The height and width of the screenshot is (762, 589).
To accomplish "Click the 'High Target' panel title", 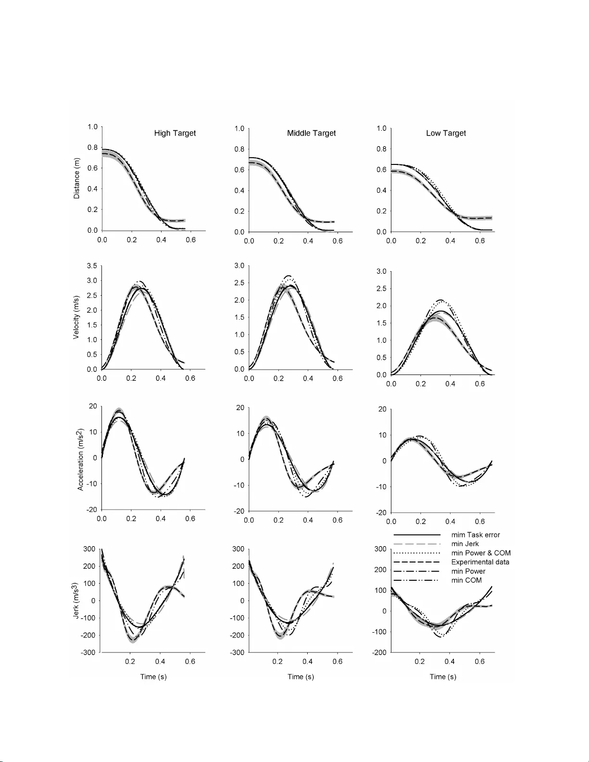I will [175, 133].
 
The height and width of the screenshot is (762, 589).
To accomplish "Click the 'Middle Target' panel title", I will [311, 133].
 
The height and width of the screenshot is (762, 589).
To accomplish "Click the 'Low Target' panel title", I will [446, 133].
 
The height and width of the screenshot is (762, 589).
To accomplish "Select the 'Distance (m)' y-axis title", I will [76, 178].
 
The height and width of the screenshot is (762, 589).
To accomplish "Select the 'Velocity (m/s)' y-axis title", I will [76, 318].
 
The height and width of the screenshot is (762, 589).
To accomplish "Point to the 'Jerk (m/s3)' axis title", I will [75, 600].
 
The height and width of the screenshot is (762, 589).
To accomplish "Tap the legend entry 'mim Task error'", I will [475, 535].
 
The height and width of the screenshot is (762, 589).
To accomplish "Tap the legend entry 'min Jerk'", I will [465, 544].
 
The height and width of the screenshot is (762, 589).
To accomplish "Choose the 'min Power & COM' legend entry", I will [481, 553].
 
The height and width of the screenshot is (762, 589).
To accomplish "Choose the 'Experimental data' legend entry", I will [480, 562].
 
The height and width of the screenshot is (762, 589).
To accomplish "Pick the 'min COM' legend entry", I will [466, 580].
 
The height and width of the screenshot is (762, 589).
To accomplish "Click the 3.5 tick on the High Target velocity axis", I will [92, 266].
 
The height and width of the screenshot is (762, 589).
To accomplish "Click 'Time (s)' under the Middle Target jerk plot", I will [301, 676].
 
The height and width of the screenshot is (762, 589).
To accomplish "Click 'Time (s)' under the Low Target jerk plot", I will [443, 676].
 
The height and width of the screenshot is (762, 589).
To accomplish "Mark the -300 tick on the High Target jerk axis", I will [89, 652].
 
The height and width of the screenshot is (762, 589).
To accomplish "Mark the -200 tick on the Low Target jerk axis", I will [380, 652].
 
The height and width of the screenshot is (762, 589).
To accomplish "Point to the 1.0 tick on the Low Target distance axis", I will [381, 128].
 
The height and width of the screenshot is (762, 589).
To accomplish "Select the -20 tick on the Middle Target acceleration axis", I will [239, 511].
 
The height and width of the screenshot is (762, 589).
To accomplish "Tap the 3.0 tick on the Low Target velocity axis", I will [381, 272].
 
